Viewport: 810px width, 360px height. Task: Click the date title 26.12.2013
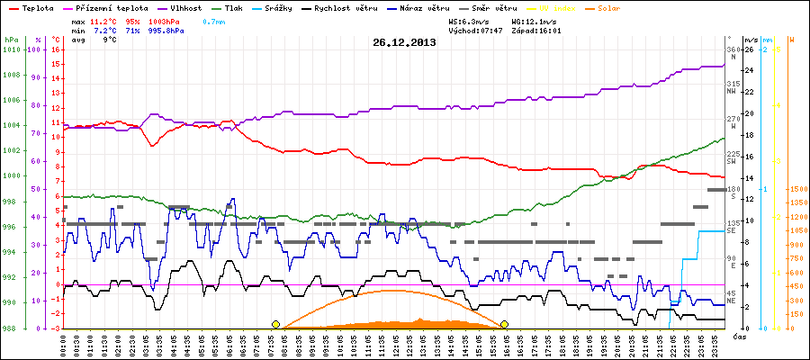point(404,42)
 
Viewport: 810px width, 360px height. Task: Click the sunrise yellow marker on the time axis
point(275,324)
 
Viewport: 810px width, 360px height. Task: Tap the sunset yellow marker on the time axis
point(505,324)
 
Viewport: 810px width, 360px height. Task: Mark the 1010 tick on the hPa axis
point(11,49)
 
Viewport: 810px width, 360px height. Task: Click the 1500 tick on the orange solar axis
point(796,189)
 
